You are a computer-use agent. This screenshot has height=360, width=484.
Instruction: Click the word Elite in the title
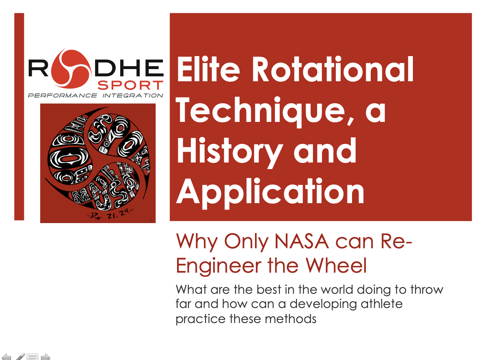[210, 70]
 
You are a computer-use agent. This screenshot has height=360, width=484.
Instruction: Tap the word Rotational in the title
[333, 70]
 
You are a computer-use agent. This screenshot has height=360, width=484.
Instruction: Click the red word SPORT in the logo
[130, 85]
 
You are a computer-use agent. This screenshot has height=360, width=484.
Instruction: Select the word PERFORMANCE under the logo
[62, 96]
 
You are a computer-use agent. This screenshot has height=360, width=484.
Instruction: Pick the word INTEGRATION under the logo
[133, 96]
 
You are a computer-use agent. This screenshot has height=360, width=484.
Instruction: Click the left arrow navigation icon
[6, 357]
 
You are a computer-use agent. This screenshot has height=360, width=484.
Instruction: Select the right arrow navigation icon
[45, 357]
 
